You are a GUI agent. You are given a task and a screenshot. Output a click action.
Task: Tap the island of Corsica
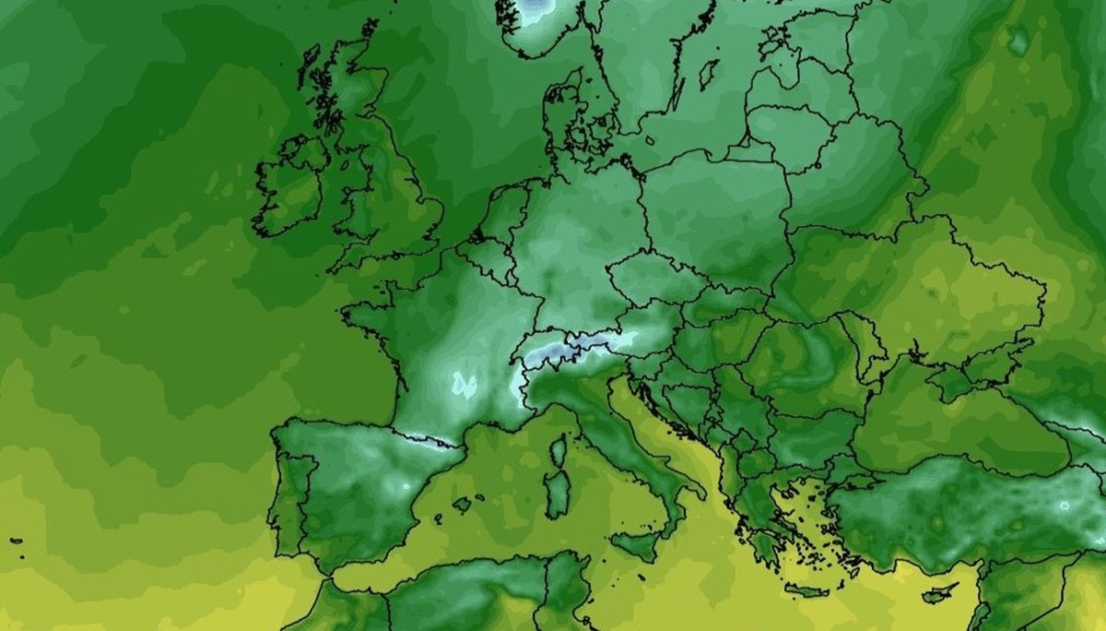(x=558, y=451)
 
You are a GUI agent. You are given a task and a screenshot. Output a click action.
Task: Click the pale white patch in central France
(x=464, y=384)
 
